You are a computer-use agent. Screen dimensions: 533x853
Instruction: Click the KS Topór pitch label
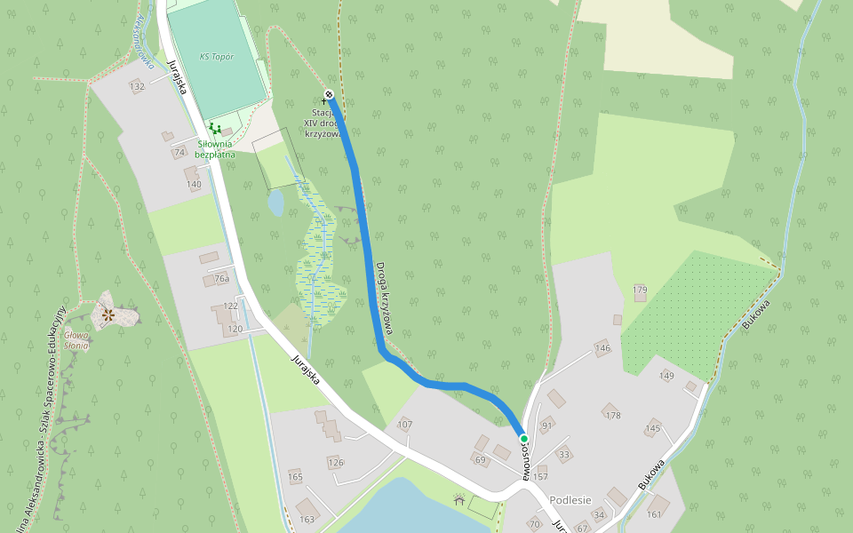pyautogui.click(x=217, y=56)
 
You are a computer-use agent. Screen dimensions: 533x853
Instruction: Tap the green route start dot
pyautogui.click(x=524, y=439)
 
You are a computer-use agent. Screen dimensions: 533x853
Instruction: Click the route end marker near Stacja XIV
pyautogui.click(x=329, y=94)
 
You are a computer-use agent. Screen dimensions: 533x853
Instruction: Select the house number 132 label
pyautogui.click(x=137, y=86)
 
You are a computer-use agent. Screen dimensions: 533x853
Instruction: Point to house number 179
pyautogui.click(x=640, y=290)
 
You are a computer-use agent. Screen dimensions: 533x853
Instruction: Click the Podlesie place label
pyautogui.click(x=570, y=500)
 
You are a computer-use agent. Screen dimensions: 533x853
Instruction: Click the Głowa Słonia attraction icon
pyautogui.click(x=108, y=314)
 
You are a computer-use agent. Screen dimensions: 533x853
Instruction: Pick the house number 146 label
pyautogui.click(x=602, y=348)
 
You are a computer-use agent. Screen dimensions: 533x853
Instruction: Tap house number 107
pyautogui.click(x=405, y=425)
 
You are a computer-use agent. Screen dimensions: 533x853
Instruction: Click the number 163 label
pyautogui.click(x=307, y=519)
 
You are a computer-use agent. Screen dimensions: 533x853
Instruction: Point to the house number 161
pyautogui.click(x=655, y=513)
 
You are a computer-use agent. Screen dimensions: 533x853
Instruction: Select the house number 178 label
pyautogui.click(x=611, y=415)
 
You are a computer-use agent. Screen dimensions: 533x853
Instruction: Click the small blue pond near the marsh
pyautogui.click(x=275, y=203)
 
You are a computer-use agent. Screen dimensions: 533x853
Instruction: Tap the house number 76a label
pyautogui.click(x=222, y=279)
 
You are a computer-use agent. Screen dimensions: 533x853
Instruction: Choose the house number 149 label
pyautogui.click(x=666, y=376)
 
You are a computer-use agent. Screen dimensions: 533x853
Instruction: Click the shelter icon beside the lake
pyautogui.click(x=458, y=501)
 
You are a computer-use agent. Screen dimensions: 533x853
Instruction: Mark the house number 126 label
pyautogui.click(x=335, y=462)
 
